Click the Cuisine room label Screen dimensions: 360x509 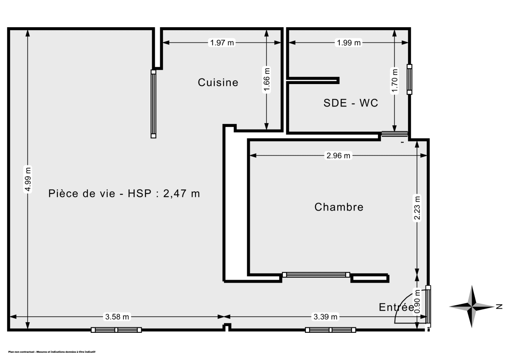(x=218, y=82)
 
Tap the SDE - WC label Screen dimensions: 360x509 (x=350, y=103)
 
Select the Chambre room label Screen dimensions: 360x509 (x=339, y=207)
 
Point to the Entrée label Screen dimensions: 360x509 (x=396, y=307)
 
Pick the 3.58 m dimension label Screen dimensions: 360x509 (x=117, y=316)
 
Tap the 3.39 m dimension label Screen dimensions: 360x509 (x=326, y=316)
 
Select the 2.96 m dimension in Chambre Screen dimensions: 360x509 (x=338, y=156)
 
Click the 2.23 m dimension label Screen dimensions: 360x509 (x=418, y=208)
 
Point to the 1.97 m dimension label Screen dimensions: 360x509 (x=222, y=42)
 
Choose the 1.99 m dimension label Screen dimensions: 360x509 (x=349, y=42)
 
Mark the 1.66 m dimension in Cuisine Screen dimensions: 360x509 (x=266, y=80)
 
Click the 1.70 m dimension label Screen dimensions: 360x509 (x=395, y=81)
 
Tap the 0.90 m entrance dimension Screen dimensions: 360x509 (x=418, y=301)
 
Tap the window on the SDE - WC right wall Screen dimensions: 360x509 (x=409, y=79)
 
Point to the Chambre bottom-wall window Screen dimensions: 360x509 (x=316, y=275)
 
